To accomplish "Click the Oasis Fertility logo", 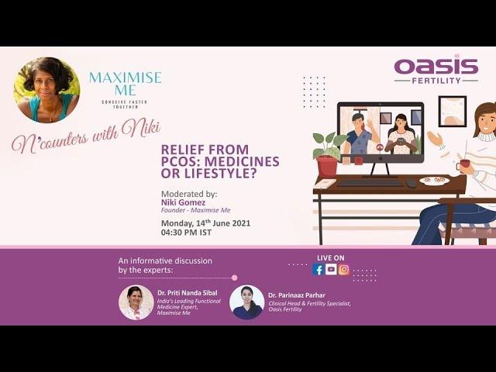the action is tap(436, 70).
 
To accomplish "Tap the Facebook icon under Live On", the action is tap(319, 270).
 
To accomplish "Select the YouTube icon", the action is tap(331, 270).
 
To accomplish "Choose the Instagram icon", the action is tap(344, 270).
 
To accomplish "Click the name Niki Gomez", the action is tap(183, 202).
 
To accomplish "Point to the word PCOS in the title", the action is tap(180, 162).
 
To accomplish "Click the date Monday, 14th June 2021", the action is tap(205, 223).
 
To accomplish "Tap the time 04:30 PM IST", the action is tap(186, 232).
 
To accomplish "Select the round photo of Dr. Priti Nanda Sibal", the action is tap(136, 303).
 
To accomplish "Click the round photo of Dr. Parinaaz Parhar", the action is tap(247, 302).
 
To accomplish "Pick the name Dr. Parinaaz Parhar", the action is tap(297, 295).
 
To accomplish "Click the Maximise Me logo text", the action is tap(126, 84).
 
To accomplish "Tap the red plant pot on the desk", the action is tap(327, 166).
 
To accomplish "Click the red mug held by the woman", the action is tap(463, 164).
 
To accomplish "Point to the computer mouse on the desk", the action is tap(412, 183).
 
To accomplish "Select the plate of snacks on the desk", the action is tap(434, 181).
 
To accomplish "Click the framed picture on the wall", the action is tap(453, 112).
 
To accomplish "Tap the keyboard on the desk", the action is tap(370, 183).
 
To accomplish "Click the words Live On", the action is tap(331, 258).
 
